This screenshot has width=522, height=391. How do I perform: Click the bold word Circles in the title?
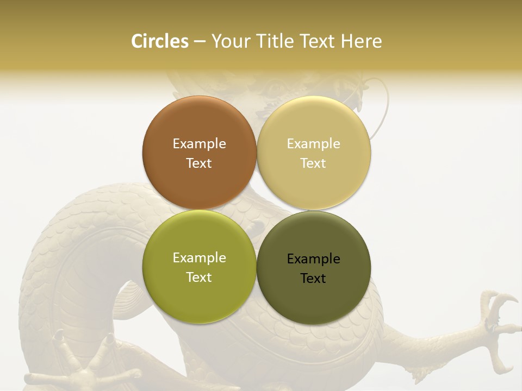160,41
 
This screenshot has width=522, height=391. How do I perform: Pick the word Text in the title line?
318,41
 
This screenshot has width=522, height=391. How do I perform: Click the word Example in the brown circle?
199,143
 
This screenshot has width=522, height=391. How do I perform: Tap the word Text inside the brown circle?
199,163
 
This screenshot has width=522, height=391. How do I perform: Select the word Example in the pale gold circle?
313,143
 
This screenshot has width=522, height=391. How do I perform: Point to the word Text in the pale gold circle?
313,163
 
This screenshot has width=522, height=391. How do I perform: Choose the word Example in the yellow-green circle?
199,257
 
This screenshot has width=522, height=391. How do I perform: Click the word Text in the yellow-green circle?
199,277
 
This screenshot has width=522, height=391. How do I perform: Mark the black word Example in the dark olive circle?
313,258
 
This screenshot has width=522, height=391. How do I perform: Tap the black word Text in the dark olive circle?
313,278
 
